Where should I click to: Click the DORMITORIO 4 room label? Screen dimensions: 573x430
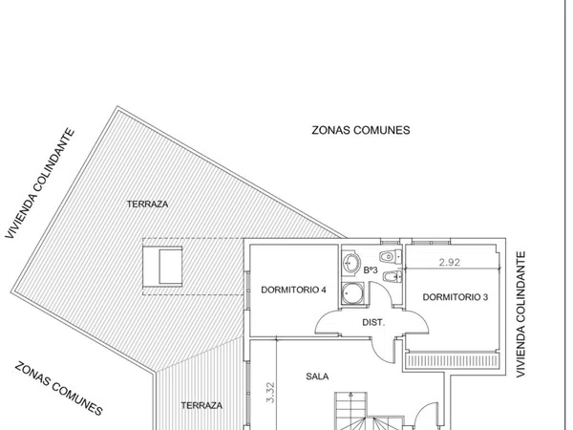point(293,290)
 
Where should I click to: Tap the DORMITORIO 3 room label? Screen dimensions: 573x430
point(455,297)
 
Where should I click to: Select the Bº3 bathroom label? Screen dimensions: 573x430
point(371,270)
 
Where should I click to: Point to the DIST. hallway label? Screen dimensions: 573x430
point(373,323)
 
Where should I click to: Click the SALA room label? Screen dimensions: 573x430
point(317,376)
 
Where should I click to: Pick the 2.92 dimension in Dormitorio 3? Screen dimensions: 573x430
point(450,262)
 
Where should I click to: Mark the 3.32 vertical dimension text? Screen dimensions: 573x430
point(270,393)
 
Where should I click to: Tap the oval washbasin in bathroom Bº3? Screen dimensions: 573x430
point(351,263)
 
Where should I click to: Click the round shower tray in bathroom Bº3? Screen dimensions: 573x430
point(351,293)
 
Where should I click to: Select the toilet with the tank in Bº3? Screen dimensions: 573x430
point(391,256)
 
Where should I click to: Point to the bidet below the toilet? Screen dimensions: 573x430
point(393,277)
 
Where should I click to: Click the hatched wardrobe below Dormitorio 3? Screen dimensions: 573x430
point(453,360)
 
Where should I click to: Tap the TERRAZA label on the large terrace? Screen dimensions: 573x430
point(147,204)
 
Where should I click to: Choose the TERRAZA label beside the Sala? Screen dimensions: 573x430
point(202,405)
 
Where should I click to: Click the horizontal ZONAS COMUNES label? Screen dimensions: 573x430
point(361,130)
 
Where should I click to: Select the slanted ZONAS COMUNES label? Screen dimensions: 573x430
point(58,388)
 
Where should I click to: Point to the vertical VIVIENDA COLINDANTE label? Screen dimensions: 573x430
point(520,314)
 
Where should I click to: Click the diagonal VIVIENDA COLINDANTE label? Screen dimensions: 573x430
point(40,183)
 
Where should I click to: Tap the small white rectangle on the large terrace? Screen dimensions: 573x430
point(171,267)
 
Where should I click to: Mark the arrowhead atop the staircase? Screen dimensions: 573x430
point(350,395)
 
